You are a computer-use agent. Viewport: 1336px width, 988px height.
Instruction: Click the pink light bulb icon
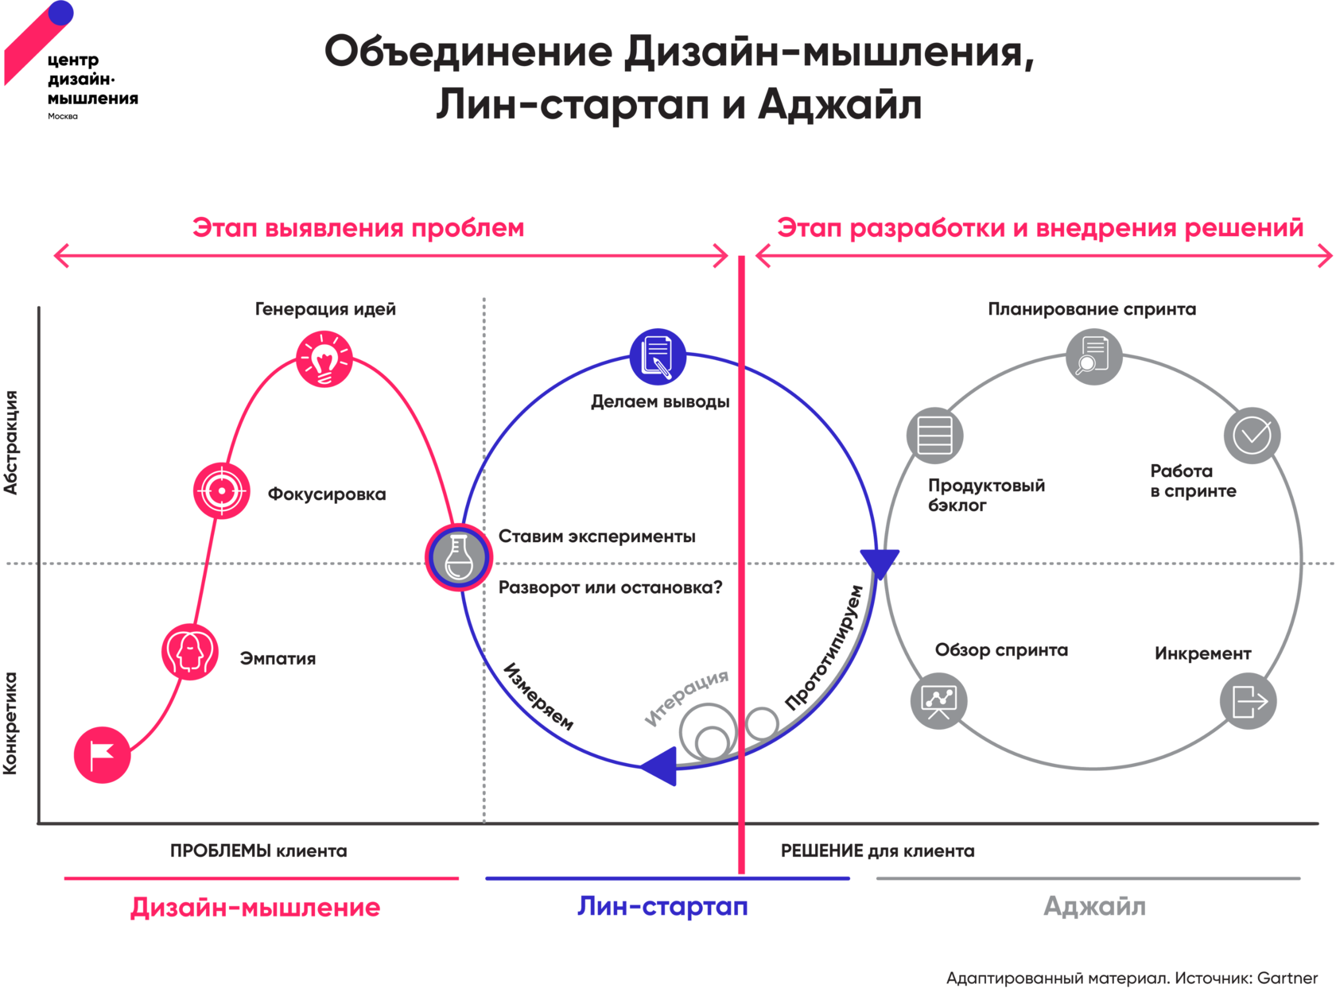click(324, 359)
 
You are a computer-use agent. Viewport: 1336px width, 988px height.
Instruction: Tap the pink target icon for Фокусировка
click(222, 490)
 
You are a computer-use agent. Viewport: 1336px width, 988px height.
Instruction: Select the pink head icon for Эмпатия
click(189, 652)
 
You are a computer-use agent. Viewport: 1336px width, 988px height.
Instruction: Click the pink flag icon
click(102, 754)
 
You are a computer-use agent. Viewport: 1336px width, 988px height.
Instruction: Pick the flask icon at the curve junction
click(458, 557)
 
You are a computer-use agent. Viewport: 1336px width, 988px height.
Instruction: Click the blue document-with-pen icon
click(658, 356)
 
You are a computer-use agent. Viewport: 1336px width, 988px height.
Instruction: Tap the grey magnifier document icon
click(1093, 356)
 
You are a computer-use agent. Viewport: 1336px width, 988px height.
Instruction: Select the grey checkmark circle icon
click(1252, 435)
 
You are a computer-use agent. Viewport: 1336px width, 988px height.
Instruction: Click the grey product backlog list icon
click(934, 435)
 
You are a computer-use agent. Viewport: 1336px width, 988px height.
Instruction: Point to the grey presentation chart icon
click(938, 700)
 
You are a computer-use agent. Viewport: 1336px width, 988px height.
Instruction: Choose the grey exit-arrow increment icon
click(1249, 700)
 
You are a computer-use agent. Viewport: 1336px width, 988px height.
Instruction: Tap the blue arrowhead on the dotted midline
click(880, 562)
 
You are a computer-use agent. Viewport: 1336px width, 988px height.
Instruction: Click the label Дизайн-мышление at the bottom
click(255, 907)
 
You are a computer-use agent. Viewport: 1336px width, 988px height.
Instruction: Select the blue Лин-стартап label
click(662, 906)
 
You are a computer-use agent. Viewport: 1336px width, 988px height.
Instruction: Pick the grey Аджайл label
click(1094, 906)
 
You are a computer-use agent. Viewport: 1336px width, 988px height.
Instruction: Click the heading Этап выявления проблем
click(358, 228)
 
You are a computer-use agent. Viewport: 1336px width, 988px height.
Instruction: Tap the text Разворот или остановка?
click(611, 588)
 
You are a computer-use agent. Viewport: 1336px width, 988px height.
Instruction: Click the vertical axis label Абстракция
click(11, 442)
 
